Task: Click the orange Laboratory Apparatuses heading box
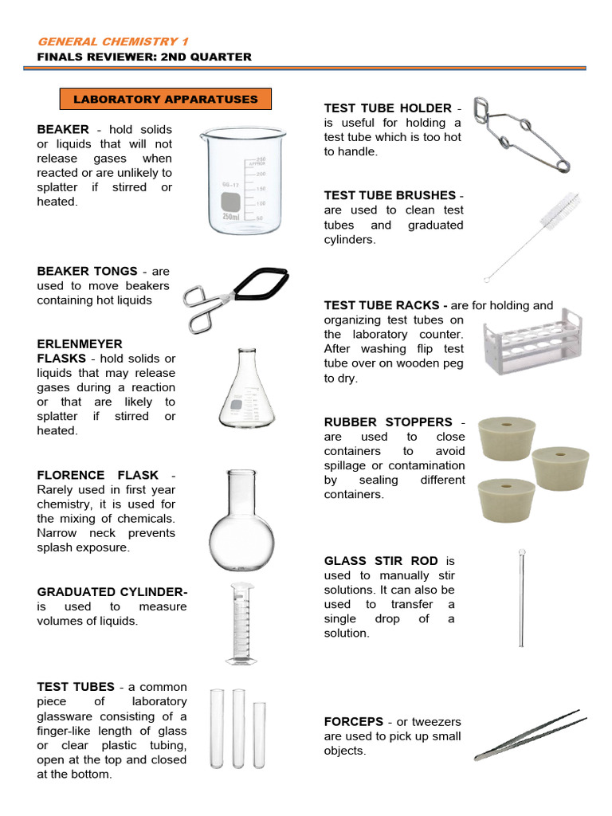(166, 100)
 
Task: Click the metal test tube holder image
(520, 135)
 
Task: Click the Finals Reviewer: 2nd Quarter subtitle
(144, 57)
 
